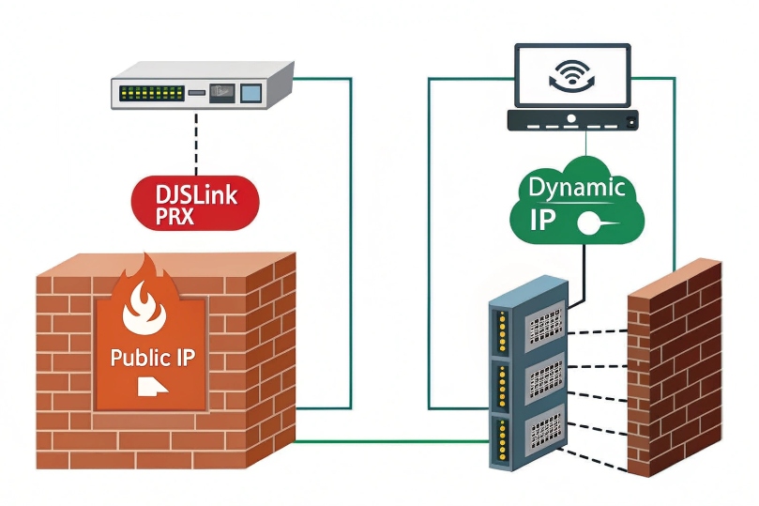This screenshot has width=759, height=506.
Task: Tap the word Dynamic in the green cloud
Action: point(575,187)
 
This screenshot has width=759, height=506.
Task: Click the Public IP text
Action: point(152,358)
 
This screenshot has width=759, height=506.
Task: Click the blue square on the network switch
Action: point(250,92)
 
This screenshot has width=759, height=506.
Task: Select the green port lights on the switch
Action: point(150,94)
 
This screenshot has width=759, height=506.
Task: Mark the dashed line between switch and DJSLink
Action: point(195,142)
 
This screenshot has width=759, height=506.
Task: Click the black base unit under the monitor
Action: point(571,119)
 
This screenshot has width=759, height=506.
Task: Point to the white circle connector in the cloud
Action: point(589,223)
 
